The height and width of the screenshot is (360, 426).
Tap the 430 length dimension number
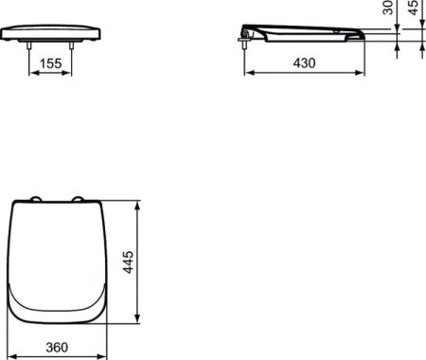304,62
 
